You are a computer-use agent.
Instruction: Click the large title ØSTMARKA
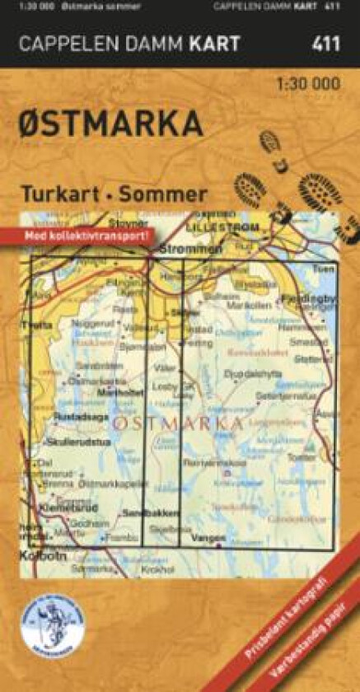point(110,124)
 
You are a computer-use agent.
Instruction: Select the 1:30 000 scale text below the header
point(307,83)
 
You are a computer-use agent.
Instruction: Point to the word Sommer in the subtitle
point(162,194)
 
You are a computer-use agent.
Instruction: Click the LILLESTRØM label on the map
point(222,226)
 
